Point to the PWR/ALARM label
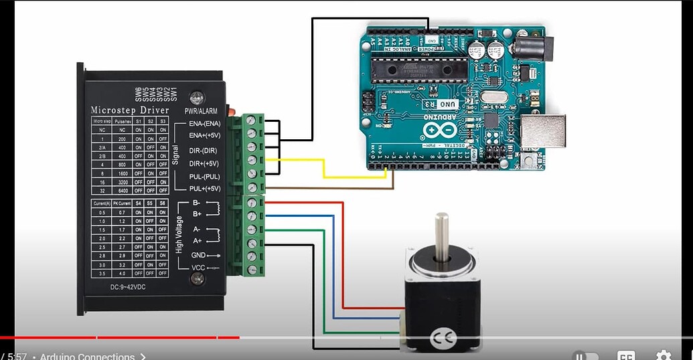click(x=199, y=110)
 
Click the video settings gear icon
click(x=663, y=355)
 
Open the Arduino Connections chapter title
click(x=88, y=357)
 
